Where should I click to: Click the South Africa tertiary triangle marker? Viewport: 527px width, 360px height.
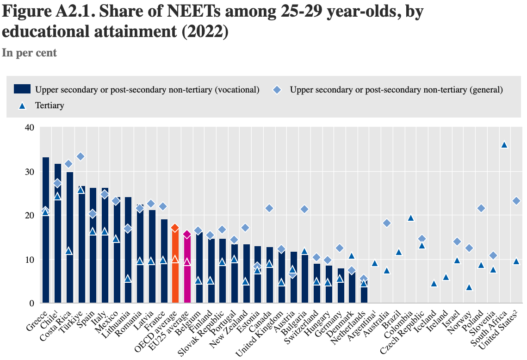(x=504, y=145)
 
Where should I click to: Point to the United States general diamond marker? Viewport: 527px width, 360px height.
(x=516, y=201)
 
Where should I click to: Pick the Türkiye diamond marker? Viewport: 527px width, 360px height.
(x=81, y=156)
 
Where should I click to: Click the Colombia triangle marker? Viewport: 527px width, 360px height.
(x=409, y=218)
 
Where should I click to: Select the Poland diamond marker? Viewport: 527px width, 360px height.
(x=481, y=208)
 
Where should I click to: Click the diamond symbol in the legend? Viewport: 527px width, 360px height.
(x=276, y=89)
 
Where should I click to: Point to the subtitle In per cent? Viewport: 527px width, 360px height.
(x=29, y=53)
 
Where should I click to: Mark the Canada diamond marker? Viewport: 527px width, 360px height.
(x=269, y=208)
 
